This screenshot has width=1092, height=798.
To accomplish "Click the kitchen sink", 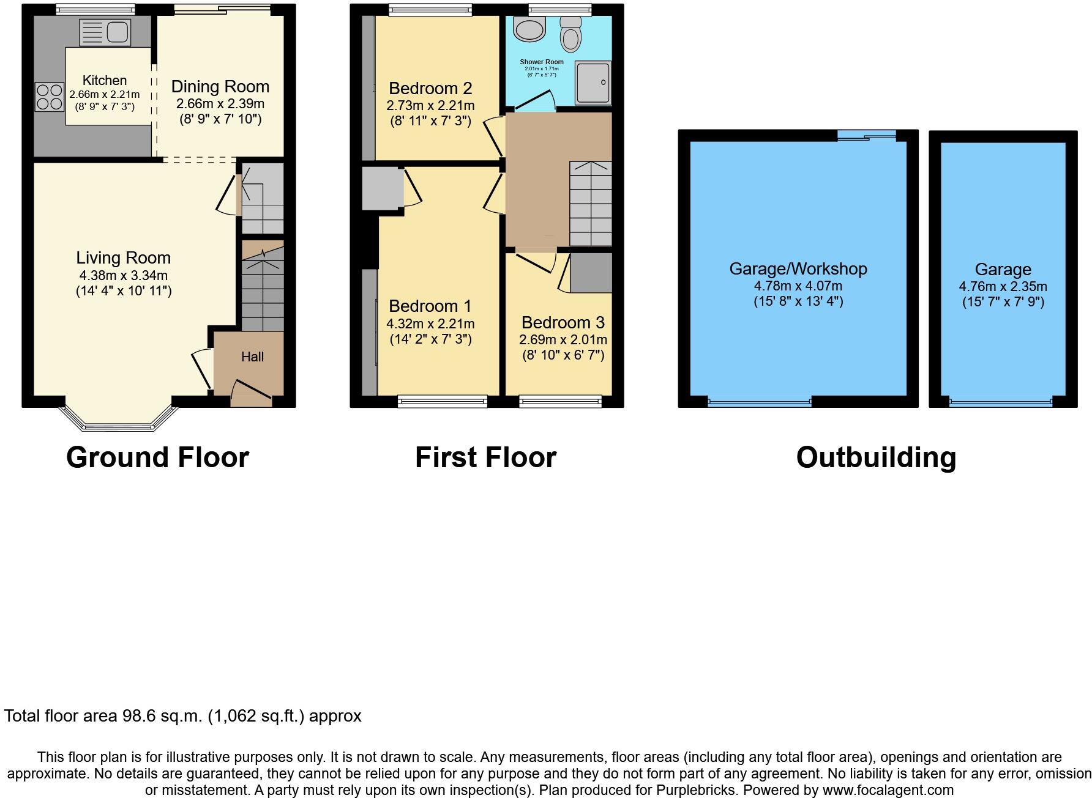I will pyautogui.click(x=105, y=32).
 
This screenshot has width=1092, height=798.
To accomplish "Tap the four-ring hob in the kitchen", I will pyautogui.click(x=50, y=97).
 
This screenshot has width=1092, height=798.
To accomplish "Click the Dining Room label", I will pyautogui.click(x=220, y=87).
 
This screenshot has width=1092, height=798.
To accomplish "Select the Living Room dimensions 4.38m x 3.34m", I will pyautogui.click(x=124, y=275).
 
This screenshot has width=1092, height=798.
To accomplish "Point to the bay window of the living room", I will pyautogui.click(x=119, y=418).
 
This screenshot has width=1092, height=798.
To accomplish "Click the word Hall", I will pyautogui.click(x=252, y=357).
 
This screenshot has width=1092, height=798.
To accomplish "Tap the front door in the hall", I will pyautogui.click(x=252, y=392).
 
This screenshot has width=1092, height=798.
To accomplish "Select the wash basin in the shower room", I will pyautogui.click(x=529, y=28).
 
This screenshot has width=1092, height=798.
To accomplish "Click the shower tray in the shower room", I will pyautogui.click(x=593, y=83).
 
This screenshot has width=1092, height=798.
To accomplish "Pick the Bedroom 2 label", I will pyautogui.click(x=430, y=89).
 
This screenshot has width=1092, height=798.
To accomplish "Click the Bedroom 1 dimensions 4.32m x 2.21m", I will pyautogui.click(x=430, y=324).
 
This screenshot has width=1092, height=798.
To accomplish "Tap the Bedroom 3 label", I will pyautogui.click(x=563, y=322).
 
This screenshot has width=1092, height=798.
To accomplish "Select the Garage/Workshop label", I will pyautogui.click(x=798, y=269).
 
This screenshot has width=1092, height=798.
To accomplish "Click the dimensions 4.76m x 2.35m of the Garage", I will pyautogui.click(x=1003, y=286).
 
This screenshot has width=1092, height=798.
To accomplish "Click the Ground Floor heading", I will pyautogui.click(x=157, y=457).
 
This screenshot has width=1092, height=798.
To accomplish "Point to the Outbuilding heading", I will pyautogui.click(x=876, y=457).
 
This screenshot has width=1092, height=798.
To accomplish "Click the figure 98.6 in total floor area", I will pyautogui.click(x=141, y=716).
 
